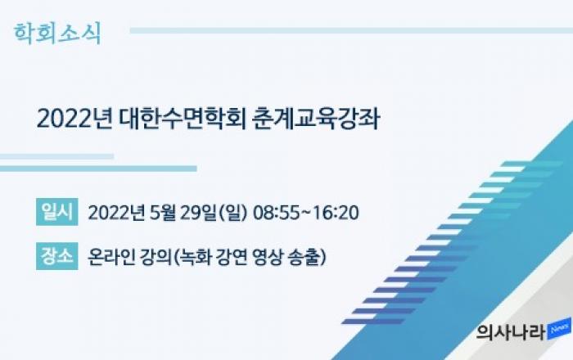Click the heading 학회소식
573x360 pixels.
57,34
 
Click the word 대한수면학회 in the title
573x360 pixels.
183,119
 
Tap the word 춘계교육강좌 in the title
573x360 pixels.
316,119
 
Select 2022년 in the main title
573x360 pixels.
74,119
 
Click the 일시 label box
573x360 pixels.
57,212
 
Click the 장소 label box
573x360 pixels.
57,256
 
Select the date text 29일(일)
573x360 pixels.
214,213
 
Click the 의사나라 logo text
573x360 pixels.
511,332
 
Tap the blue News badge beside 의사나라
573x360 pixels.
559,329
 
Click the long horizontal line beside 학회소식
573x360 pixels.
351,30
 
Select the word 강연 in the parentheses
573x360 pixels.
232,257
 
